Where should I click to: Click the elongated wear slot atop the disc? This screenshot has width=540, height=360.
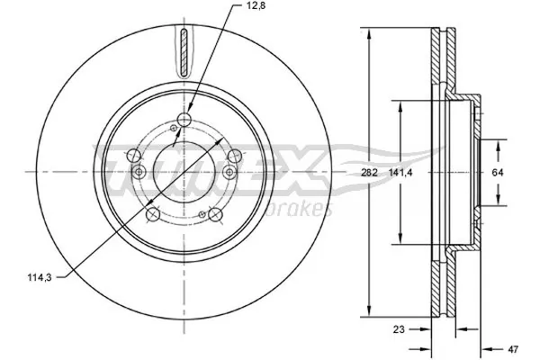coord(185,52)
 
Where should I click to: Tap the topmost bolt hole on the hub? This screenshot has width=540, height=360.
coord(185,121)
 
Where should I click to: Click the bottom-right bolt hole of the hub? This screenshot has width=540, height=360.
coord(215,214)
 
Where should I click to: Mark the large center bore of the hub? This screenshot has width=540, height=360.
coord(185,171)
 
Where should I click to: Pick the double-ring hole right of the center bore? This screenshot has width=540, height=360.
coord(234,157)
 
